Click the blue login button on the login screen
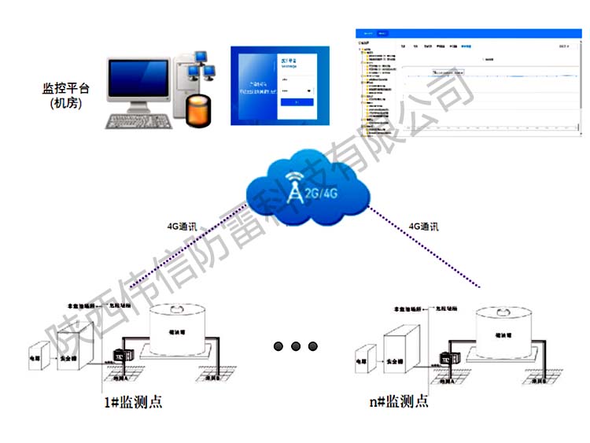tap(291, 102)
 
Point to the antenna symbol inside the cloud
tap(294, 189)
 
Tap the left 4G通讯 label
tap(183, 227)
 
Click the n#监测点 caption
tap(399, 402)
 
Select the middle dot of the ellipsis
tap(296, 346)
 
